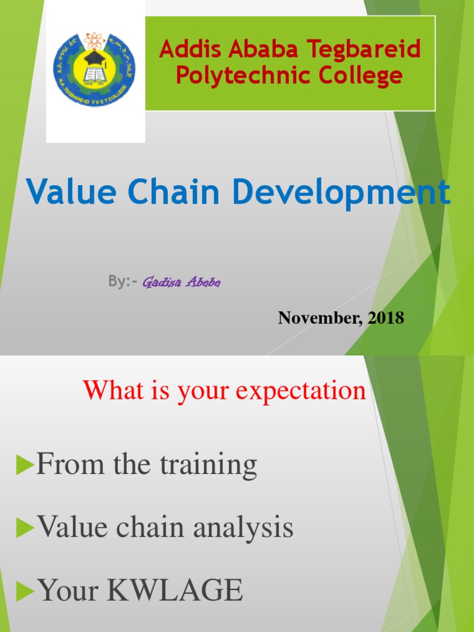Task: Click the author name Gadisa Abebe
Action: click(x=181, y=283)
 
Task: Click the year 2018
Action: click(x=386, y=318)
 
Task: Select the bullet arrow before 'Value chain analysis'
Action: click(x=25, y=528)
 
